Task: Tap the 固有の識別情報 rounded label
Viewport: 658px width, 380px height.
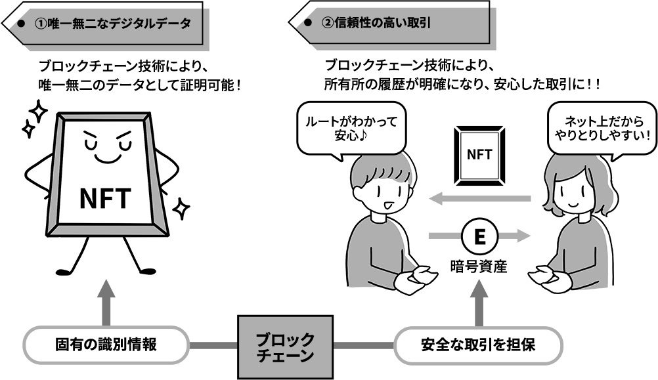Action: coord(106,344)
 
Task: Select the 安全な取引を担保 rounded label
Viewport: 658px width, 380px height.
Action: coord(478,344)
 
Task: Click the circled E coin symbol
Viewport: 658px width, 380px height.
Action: coord(479,237)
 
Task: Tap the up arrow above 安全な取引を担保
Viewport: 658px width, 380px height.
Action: coord(479,303)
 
